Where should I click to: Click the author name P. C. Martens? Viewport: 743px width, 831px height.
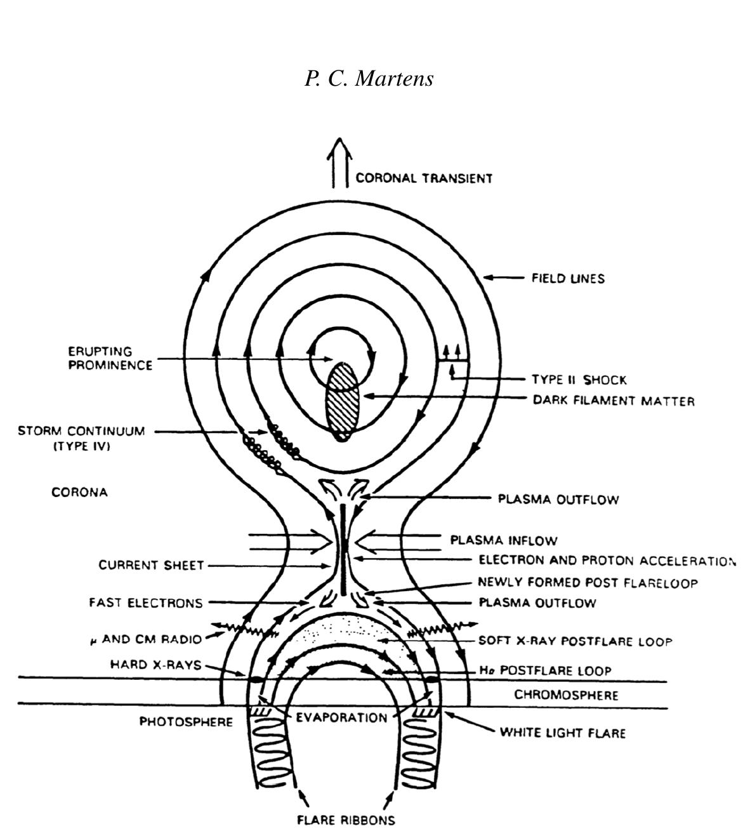coord(369,78)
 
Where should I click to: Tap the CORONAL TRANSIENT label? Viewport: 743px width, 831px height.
coord(423,178)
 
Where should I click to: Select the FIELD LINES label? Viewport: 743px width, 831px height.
coord(567,278)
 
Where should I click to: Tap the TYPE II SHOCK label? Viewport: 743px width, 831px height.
coord(579,380)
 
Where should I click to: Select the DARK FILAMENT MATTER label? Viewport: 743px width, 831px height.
coord(613,401)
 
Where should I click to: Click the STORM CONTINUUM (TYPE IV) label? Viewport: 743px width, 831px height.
coord(81,438)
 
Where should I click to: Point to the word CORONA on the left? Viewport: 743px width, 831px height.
coord(79,492)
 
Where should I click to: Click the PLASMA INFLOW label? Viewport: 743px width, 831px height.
coord(503,541)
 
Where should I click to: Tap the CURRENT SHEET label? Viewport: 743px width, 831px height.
coord(151,565)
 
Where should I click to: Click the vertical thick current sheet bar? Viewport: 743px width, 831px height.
coord(343,549)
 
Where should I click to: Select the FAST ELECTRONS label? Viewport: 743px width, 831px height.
coord(145,603)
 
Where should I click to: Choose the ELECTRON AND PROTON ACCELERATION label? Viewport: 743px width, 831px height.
coord(606,561)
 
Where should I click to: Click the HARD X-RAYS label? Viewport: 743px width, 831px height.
coord(155,665)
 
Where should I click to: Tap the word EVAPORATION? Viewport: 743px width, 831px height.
coord(341,717)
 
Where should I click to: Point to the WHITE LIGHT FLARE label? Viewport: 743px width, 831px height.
coord(562,733)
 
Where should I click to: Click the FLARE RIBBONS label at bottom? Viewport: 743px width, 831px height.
coord(346,820)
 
